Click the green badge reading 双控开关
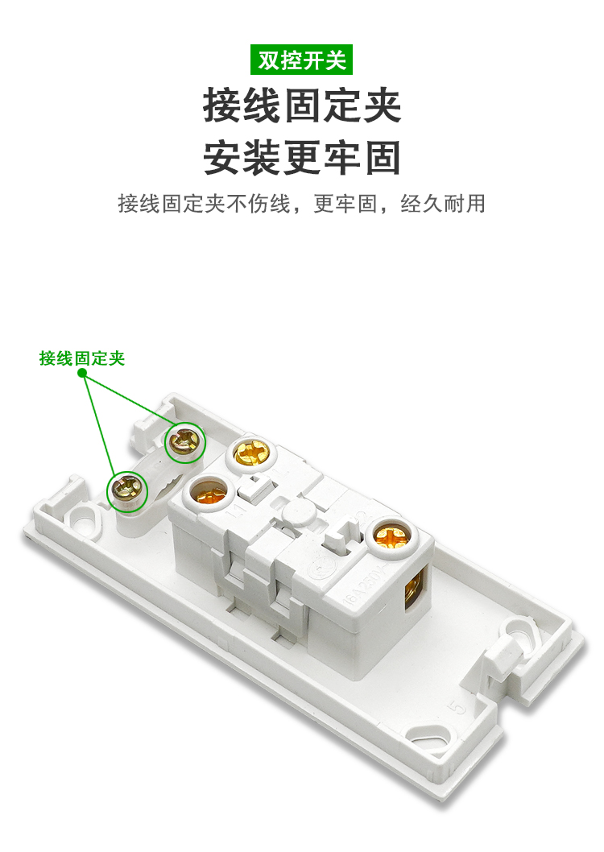tap(301, 60)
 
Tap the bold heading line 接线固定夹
tap(302, 105)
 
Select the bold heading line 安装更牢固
tap(302, 157)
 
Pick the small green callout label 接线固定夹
tap(82, 359)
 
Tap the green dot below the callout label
tap(83, 374)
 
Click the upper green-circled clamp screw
tap(185, 442)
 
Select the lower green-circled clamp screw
tap(129, 488)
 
